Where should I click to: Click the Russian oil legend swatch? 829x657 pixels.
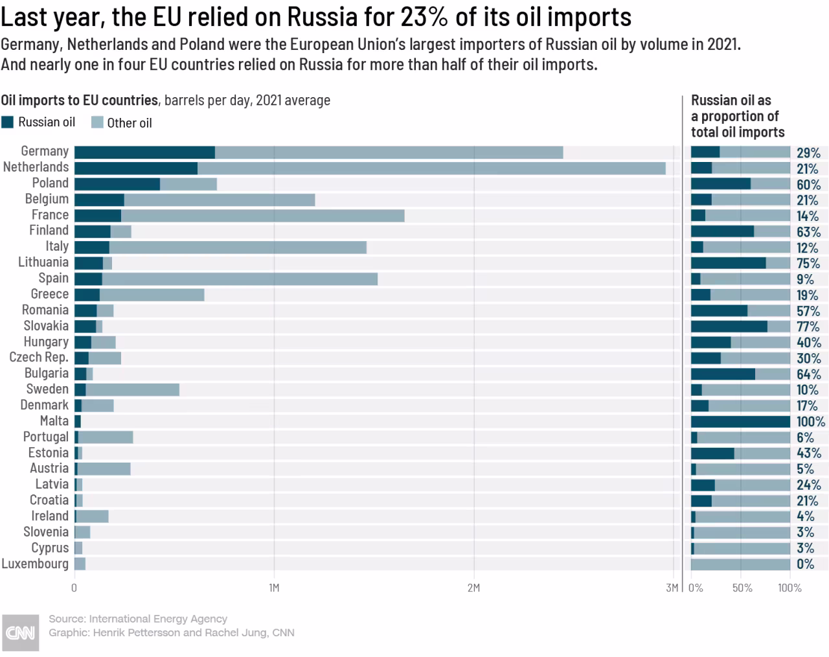coord(8,122)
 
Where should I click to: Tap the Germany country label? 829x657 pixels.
coord(45,152)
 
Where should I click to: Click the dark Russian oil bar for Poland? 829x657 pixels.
coord(117,184)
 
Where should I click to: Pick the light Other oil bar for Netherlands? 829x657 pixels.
coord(431,168)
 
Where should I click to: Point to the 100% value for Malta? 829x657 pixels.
coord(811,422)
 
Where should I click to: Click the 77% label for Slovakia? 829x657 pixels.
coord(808,327)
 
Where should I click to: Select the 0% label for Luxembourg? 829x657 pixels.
coord(805,564)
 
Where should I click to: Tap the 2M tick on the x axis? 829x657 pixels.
coord(473,588)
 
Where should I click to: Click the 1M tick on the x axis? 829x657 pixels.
coord(274,588)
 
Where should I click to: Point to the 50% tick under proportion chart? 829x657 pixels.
coord(742,588)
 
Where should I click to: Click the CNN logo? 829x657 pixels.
coord(20,632)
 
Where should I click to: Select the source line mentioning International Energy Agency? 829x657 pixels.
coord(138,619)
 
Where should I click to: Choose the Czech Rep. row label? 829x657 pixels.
coord(39,358)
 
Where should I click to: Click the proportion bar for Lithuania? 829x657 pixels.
coord(740,263)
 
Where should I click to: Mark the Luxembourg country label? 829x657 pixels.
coord(35,564)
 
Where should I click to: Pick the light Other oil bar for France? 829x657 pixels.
coord(262,216)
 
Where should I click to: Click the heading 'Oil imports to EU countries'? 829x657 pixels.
coord(80,100)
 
